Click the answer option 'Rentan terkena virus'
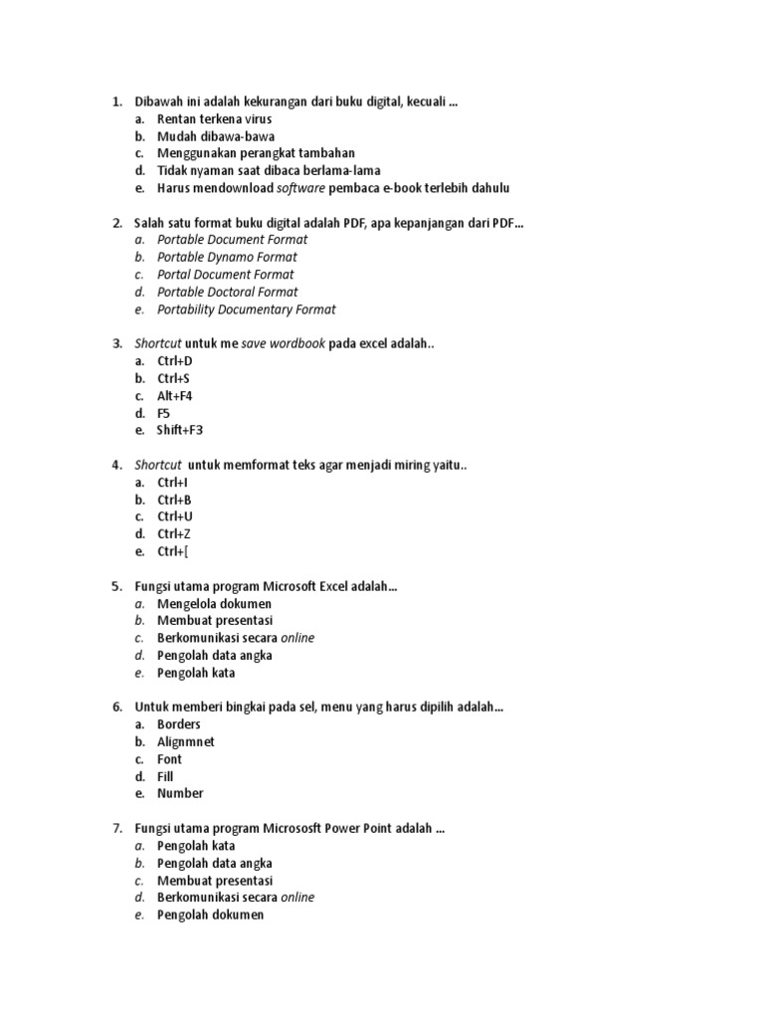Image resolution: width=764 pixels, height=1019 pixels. click(x=214, y=119)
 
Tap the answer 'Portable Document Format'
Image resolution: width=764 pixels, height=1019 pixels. click(x=232, y=240)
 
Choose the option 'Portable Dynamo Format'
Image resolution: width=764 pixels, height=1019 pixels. click(x=227, y=258)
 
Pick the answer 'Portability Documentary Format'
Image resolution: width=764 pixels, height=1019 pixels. click(x=246, y=309)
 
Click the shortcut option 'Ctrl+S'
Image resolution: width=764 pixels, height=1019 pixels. click(x=174, y=379)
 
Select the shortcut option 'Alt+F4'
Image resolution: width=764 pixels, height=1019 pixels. click(x=174, y=396)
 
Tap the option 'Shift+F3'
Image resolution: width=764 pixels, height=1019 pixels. click(x=179, y=431)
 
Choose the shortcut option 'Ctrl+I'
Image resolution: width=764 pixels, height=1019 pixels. click(x=173, y=483)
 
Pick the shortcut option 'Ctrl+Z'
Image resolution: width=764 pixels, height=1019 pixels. click(x=174, y=534)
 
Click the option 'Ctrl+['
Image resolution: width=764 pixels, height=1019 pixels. click(x=172, y=551)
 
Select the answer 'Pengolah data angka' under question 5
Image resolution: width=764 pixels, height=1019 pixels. click(x=214, y=656)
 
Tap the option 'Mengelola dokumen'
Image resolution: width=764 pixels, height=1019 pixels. click(x=214, y=604)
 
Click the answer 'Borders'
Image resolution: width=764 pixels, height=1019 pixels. click(x=179, y=724)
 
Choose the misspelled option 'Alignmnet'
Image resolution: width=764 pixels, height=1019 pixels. click(x=185, y=742)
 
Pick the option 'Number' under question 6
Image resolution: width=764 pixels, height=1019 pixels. click(x=180, y=793)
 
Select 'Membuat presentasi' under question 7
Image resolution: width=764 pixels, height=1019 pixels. click(x=214, y=881)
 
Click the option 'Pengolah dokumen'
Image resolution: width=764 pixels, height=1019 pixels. click(x=210, y=915)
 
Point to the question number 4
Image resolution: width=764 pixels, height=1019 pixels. click(x=116, y=465)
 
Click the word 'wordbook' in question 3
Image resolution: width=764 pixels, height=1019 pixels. click(x=297, y=343)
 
